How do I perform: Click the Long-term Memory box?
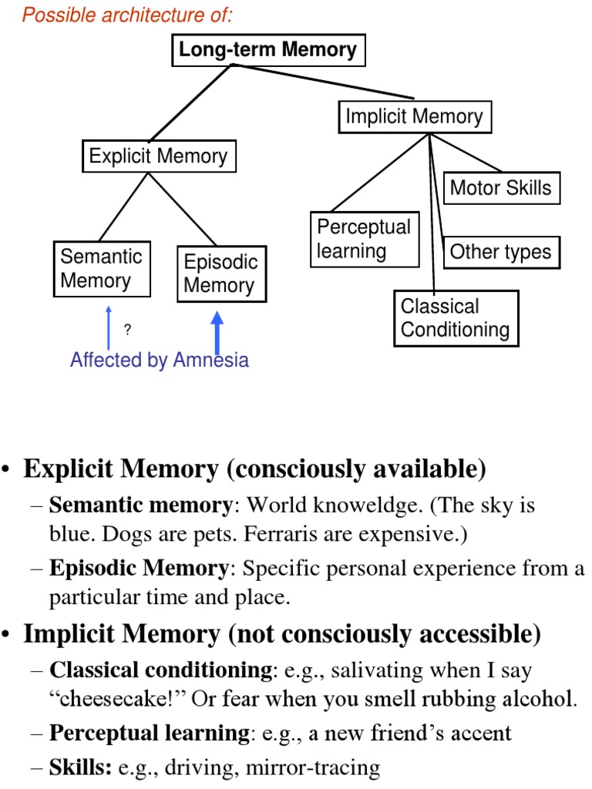coord(267,51)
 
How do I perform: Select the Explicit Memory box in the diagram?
coord(158,156)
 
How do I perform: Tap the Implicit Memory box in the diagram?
coord(414,117)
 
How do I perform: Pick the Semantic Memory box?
coord(102,269)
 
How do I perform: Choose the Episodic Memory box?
coord(220,274)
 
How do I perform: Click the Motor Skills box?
coord(500,188)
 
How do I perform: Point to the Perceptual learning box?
coord(364,239)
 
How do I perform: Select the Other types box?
coord(500,252)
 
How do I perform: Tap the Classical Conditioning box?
coord(455,318)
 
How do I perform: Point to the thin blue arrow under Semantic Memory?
coord(109,327)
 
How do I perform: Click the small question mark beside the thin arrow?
coord(127,331)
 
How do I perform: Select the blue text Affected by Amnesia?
coord(160,360)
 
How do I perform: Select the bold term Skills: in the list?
coord(80,767)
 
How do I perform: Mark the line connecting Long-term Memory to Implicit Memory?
coord(324,81)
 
